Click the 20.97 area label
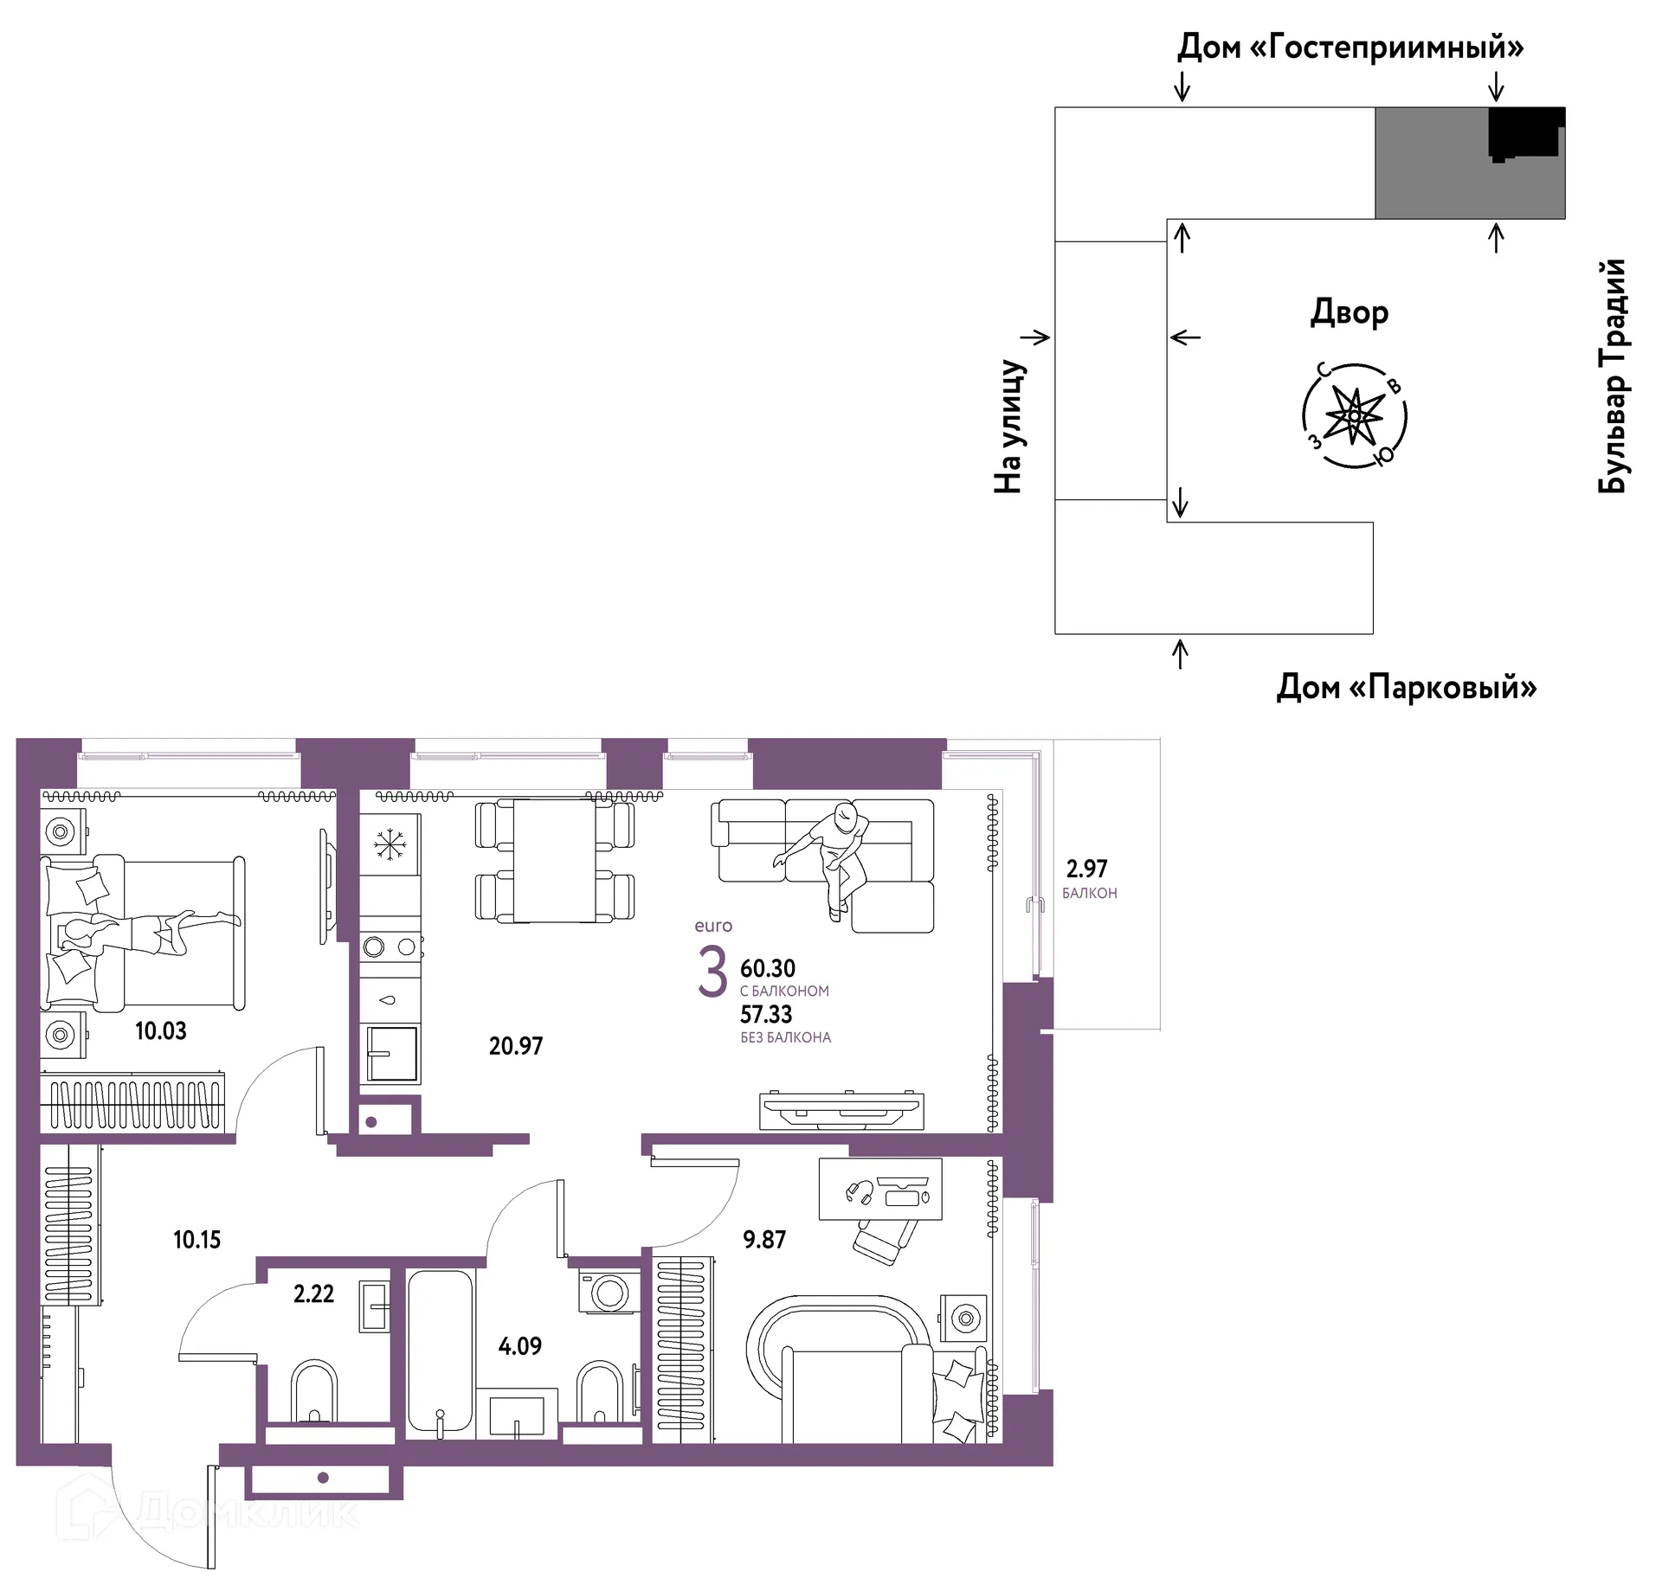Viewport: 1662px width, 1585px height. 516,1046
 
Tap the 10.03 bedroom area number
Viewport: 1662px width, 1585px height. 161,1030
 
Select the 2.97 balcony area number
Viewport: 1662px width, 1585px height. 1086,868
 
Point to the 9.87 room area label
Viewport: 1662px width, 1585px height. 764,1240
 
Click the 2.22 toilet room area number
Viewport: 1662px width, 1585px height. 313,1293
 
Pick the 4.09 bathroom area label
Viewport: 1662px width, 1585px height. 520,1346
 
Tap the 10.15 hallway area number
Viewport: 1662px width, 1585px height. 197,1240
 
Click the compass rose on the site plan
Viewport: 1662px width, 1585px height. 1355,416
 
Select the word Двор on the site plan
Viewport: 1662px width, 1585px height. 1350,312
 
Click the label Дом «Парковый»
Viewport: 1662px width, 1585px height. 1407,687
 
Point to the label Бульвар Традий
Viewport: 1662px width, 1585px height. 1612,375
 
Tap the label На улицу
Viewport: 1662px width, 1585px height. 1010,427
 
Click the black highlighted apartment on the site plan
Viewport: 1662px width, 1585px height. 1526,133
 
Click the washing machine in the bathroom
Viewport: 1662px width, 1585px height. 610,1293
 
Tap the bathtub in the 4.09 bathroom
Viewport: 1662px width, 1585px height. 441,1355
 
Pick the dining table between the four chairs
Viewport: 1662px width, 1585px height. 554,861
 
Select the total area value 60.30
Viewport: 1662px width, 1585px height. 768,968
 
